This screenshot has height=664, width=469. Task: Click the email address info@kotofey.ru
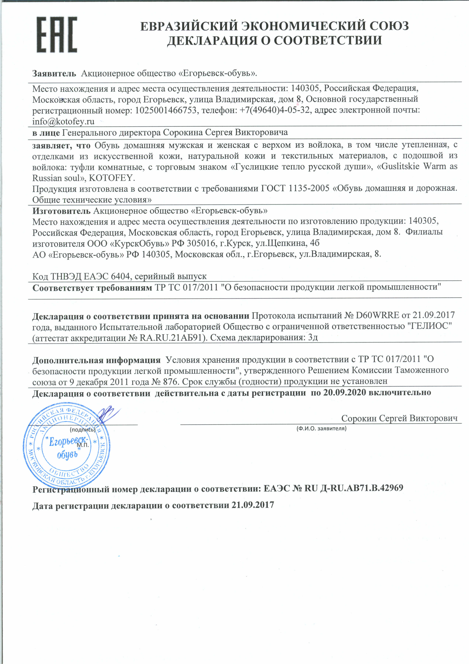[x=63, y=122]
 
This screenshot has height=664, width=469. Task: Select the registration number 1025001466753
[x=166, y=110]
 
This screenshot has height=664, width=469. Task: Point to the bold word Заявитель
[x=54, y=73]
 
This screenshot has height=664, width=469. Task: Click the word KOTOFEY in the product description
[x=111, y=178]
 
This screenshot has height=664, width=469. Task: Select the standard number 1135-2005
[x=309, y=189]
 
